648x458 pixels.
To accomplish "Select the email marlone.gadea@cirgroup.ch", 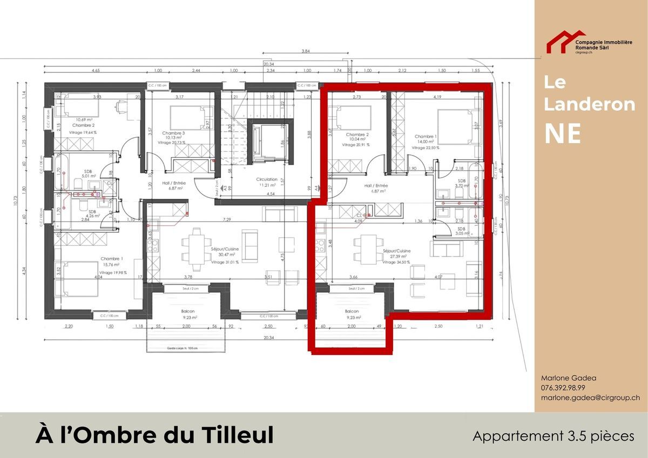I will [591, 398].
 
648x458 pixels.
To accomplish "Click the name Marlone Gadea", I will [565, 378].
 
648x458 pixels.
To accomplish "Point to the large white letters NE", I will [562, 133].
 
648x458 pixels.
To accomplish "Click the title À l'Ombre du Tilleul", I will [154, 435].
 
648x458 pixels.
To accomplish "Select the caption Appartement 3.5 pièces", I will [553, 436].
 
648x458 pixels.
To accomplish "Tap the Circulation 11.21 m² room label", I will [267, 181].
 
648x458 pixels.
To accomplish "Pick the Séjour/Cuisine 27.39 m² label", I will [396, 254].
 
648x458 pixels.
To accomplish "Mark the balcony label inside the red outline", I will [352, 314].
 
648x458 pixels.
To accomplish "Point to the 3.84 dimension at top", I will [306, 51].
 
